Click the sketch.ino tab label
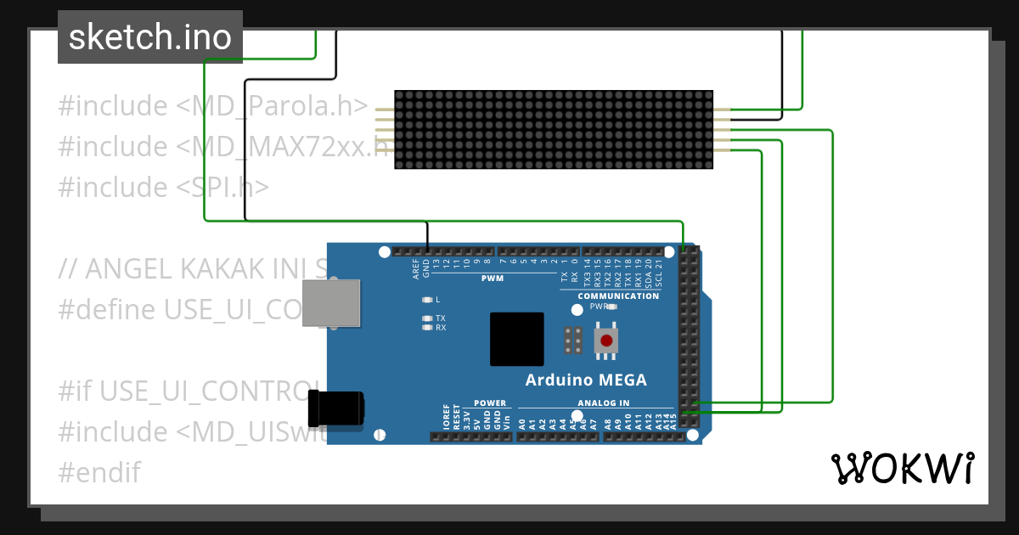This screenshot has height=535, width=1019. coord(150,37)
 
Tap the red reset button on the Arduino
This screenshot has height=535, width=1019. coord(606,341)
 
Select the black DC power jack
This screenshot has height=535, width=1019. coord(336,408)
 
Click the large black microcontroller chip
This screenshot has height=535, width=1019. coord(516,339)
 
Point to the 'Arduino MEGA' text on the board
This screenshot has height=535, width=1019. coord(586,380)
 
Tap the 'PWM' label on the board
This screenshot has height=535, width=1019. coord(493,279)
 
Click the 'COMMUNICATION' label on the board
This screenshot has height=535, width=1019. coord(618,296)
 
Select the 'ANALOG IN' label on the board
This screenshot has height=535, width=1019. coord(604,403)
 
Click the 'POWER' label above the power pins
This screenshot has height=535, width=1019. coord(490,403)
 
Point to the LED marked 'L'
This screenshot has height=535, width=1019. coord(427,300)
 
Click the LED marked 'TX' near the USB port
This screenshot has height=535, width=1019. coord(427,318)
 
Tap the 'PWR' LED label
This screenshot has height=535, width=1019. coord(600,307)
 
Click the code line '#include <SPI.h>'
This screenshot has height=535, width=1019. coord(163,187)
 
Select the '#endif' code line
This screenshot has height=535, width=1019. coord(99,472)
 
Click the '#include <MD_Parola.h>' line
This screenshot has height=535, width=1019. coord(212,106)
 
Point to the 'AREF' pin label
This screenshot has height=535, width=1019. coord(416,270)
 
